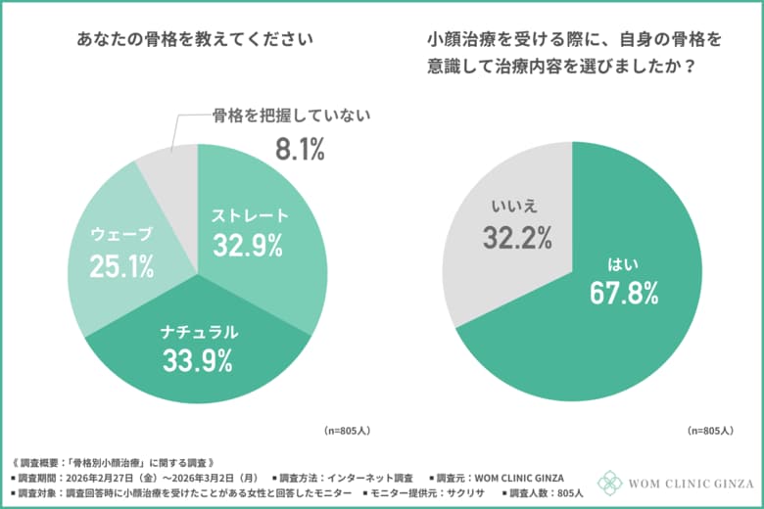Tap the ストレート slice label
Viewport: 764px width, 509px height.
252,215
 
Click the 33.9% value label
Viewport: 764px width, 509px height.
197,360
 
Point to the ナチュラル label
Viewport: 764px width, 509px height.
199,333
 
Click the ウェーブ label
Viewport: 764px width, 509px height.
121,234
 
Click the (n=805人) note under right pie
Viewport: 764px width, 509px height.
712,430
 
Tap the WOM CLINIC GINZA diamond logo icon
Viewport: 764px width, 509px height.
609,483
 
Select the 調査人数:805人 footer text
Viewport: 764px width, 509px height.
532,492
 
